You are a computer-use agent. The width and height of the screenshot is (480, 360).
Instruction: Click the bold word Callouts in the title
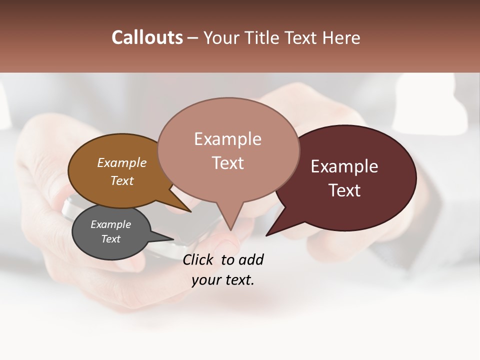point(147,37)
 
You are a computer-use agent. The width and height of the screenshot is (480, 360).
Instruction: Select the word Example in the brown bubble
point(122,162)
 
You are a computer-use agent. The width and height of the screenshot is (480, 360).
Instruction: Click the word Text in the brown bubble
point(122,180)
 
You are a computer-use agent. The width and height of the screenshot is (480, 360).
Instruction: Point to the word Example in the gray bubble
point(110,224)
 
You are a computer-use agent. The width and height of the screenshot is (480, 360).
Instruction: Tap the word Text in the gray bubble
point(110,239)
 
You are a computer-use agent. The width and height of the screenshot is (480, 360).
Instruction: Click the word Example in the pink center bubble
point(227,139)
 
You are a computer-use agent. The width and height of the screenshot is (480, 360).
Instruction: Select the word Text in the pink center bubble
point(227,163)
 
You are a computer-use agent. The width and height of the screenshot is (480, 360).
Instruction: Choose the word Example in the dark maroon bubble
point(344,166)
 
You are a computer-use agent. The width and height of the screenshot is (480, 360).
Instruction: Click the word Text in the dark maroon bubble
point(344,190)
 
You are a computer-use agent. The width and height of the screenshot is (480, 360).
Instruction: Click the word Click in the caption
point(198,259)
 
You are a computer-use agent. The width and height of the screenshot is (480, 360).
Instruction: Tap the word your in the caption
point(206,280)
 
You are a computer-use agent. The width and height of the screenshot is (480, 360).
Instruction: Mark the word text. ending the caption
point(238,280)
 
